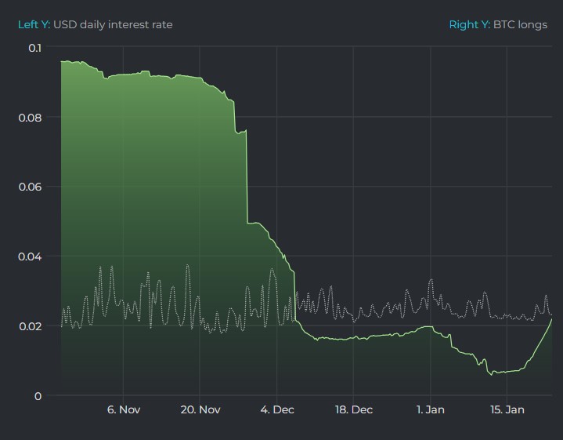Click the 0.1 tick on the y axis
34,48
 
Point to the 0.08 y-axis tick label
31,118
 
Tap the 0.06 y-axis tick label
31,187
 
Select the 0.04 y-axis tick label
31,256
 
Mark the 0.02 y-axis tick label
31,326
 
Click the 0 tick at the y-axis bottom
38,396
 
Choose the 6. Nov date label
123,410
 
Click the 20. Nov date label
200,410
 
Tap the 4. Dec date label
276,410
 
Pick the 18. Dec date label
353,410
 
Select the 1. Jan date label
431,410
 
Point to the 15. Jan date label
507,410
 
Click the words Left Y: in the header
34,24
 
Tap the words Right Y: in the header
469,24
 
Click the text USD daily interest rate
113,24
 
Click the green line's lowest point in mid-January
492,374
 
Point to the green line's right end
551,319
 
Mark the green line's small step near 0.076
241,132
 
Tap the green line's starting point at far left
61,61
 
